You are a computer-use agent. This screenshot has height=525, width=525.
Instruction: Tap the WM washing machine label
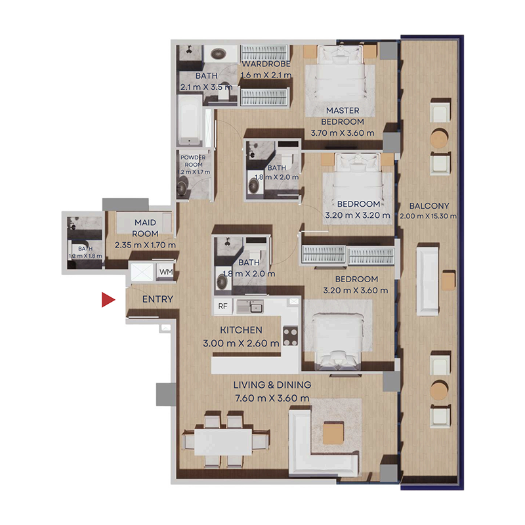pyautogui.click(x=165, y=271)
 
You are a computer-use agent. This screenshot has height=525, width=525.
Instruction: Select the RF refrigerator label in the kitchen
pyautogui.click(x=223, y=305)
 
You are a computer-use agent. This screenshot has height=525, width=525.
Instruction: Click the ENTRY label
pyautogui.click(x=157, y=299)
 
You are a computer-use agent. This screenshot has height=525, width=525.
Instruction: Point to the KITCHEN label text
pyautogui.click(x=241, y=330)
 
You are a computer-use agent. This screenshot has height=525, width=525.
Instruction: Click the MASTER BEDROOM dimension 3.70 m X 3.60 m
pyautogui.click(x=342, y=133)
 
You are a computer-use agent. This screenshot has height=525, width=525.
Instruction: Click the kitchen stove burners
pyautogui.click(x=289, y=335)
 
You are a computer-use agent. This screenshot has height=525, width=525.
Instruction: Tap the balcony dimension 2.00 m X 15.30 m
pyautogui.click(x=429, y=215)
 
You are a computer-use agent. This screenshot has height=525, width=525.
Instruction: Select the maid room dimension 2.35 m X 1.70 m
pyautogui.click(x=146, y=245)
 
